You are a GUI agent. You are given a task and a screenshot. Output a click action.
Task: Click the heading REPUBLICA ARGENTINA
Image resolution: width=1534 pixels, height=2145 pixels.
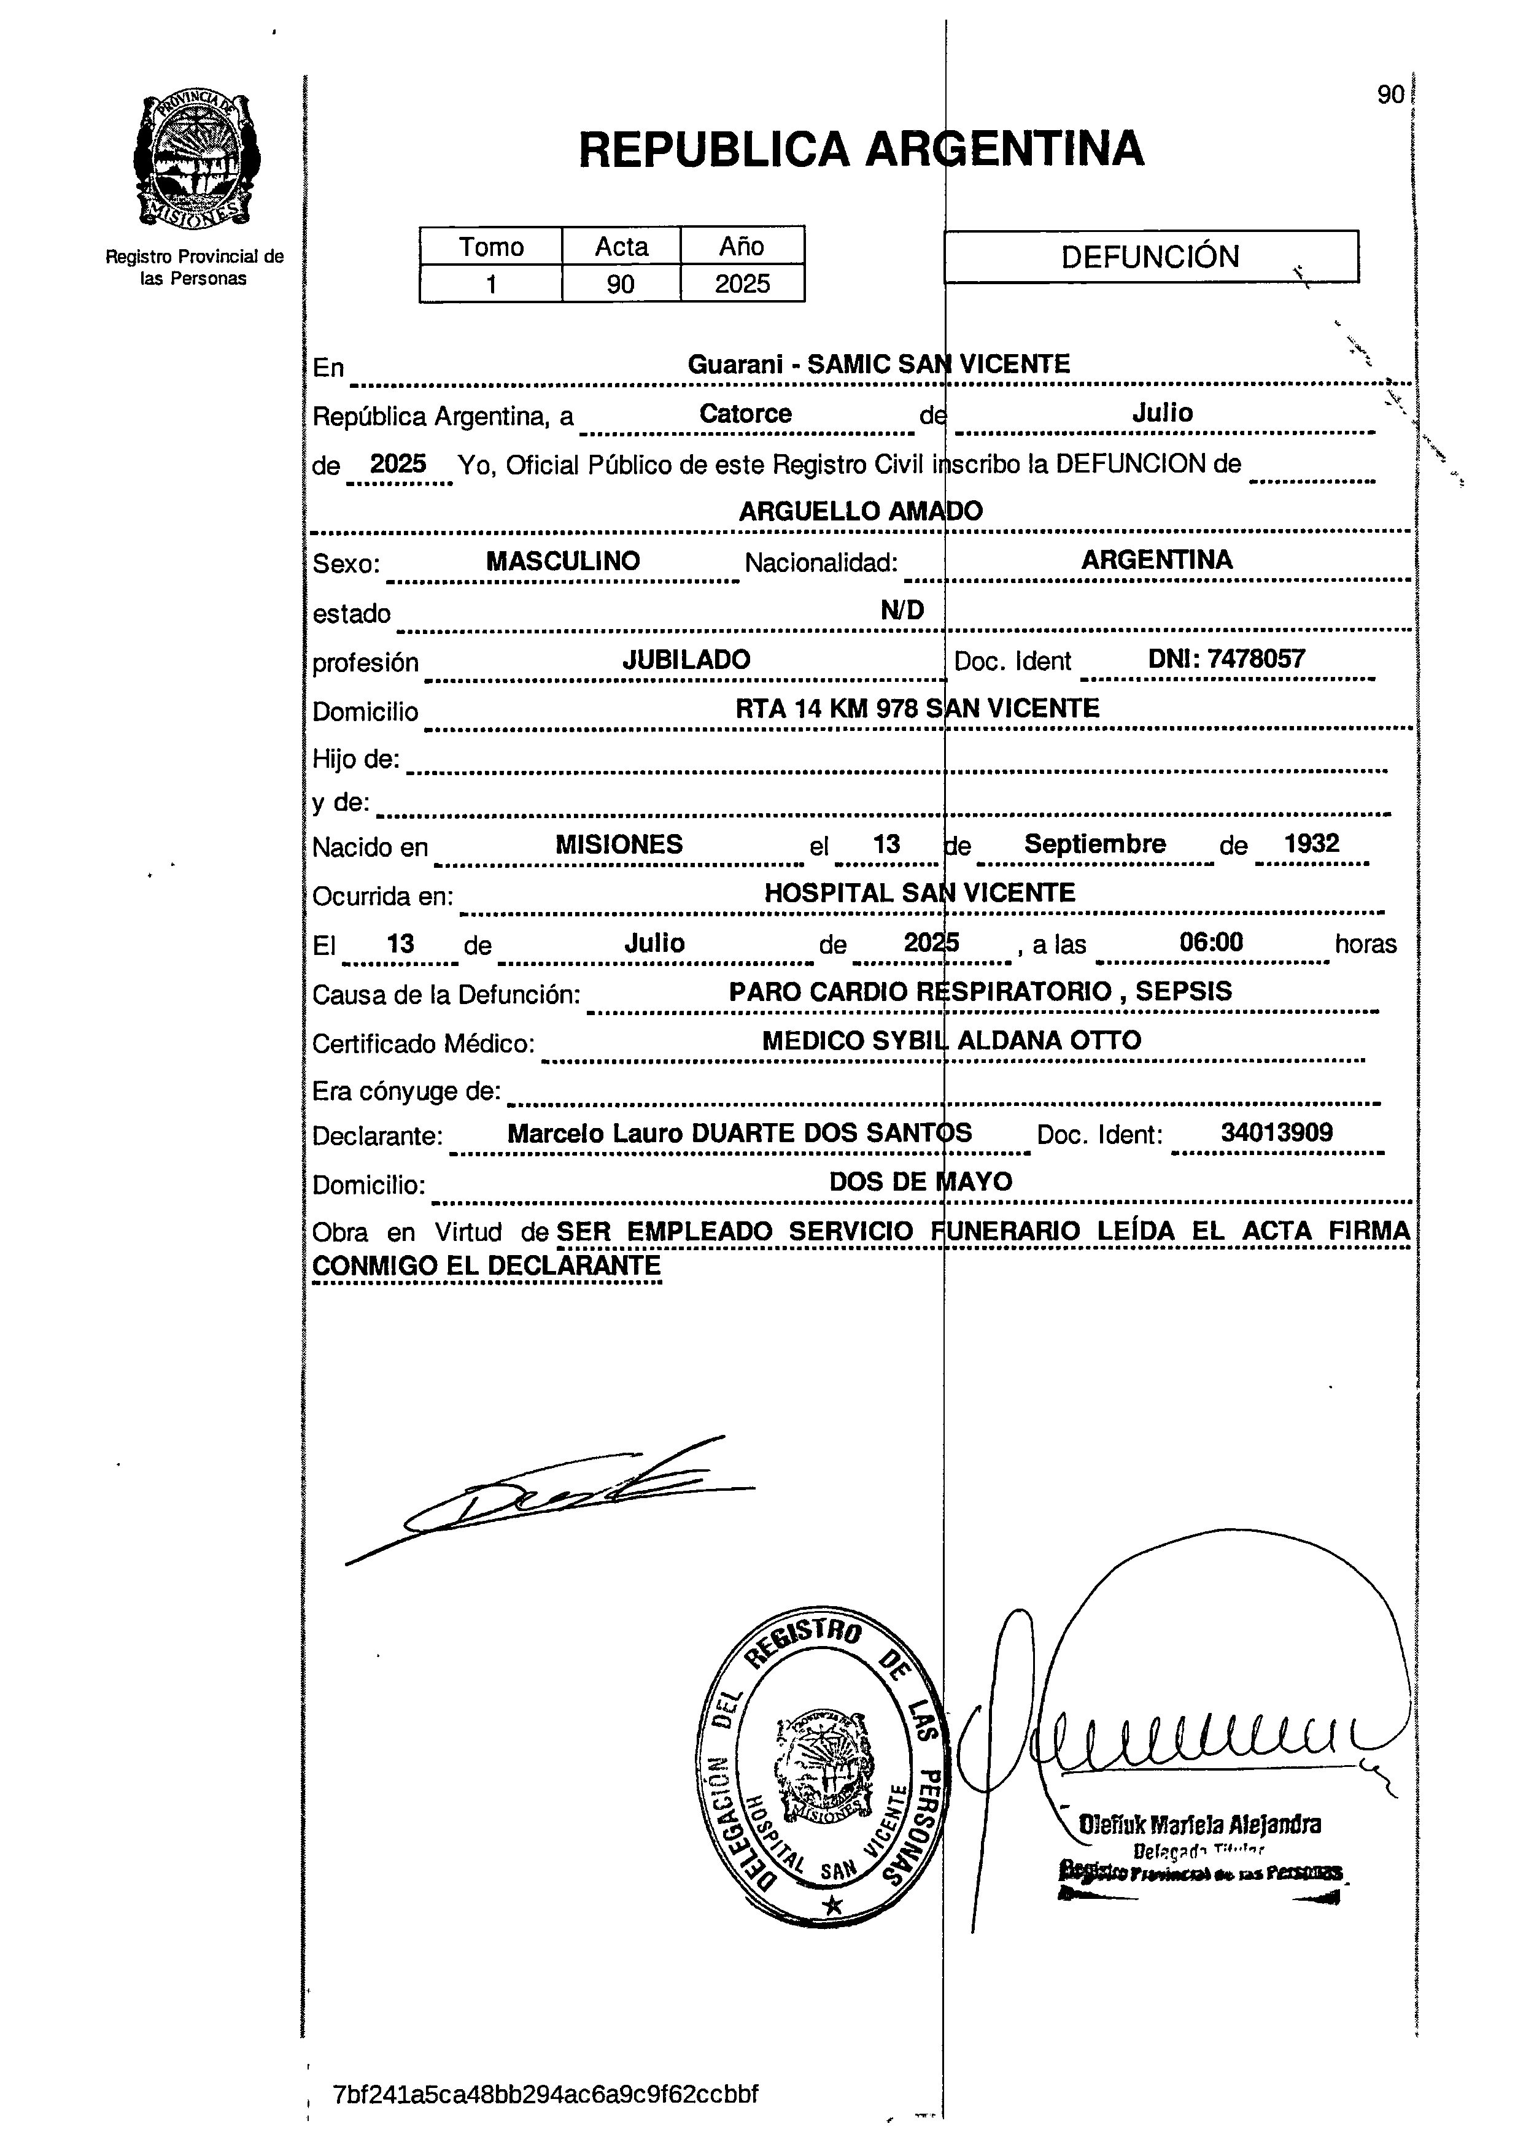(x=861, y=149)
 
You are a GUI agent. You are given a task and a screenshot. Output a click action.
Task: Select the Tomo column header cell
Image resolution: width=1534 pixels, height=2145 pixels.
(x=490, y=247)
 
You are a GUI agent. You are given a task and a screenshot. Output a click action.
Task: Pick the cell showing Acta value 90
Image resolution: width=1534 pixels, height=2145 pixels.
(x=621, y=284)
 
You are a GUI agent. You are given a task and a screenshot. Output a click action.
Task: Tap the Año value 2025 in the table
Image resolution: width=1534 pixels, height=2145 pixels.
(x=742, y=284)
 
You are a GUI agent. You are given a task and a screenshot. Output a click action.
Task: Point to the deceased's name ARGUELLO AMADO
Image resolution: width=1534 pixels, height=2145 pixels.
(x=861, y=511)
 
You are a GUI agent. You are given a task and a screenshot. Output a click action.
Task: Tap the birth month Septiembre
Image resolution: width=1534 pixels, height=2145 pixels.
(x=1094, y=843)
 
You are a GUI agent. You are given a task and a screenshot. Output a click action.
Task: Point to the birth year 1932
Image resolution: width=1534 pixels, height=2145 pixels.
(x=1311, y=843)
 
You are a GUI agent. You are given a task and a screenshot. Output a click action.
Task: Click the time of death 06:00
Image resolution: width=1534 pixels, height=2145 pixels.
(x=1211, y=941)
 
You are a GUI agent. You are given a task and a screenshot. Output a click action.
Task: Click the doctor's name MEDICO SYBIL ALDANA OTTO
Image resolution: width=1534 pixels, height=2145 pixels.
(x=951, y=1040)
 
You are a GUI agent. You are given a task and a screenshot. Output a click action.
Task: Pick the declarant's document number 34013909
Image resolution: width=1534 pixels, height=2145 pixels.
(x=1276, y=1132)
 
